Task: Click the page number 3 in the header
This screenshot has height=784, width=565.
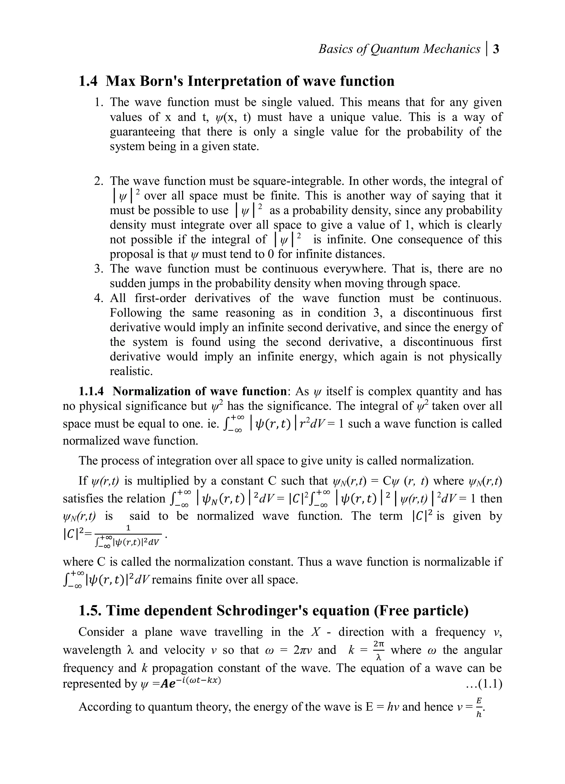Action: [x=496, y=49]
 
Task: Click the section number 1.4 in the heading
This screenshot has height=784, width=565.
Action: [x=88, y=82]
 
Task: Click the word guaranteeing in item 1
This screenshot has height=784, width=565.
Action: [x=143, y=132]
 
